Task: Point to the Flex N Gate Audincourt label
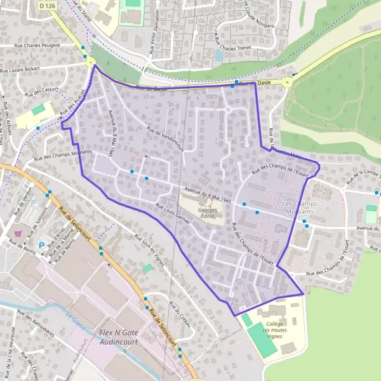click(123, 337)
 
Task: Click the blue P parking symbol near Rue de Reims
click(43, 245)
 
